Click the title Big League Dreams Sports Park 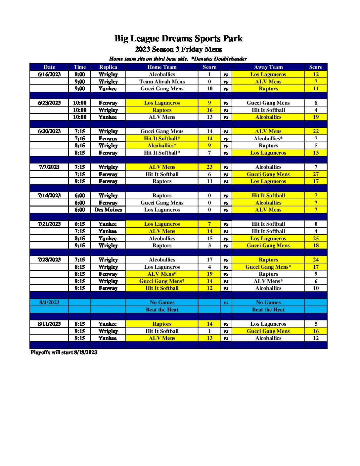[x=178, y=39]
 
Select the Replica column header [x=108, y=67]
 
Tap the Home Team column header [x=162, y=67]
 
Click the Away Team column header [x=268, y=67]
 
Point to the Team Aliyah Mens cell [x=162, y=82]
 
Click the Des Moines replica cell [x=108, y=210]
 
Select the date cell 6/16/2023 [x=49, y=74]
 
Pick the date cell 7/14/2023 [x=49, y=196]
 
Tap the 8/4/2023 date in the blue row [x=49, y=303]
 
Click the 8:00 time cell [x=80, y=74]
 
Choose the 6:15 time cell [x=80, y=224]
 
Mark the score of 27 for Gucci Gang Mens [x=316, y=174]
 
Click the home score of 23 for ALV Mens [x=209, y=167]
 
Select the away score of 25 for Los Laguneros [x=316, y=239]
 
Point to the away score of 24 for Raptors [x=316, y=260]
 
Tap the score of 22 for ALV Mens [x=316, y=131]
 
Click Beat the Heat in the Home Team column [x=162, y=310]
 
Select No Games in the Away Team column [x=268, y=303]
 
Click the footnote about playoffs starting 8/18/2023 [x=64, y=352]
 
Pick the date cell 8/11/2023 [x=49, y=324]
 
